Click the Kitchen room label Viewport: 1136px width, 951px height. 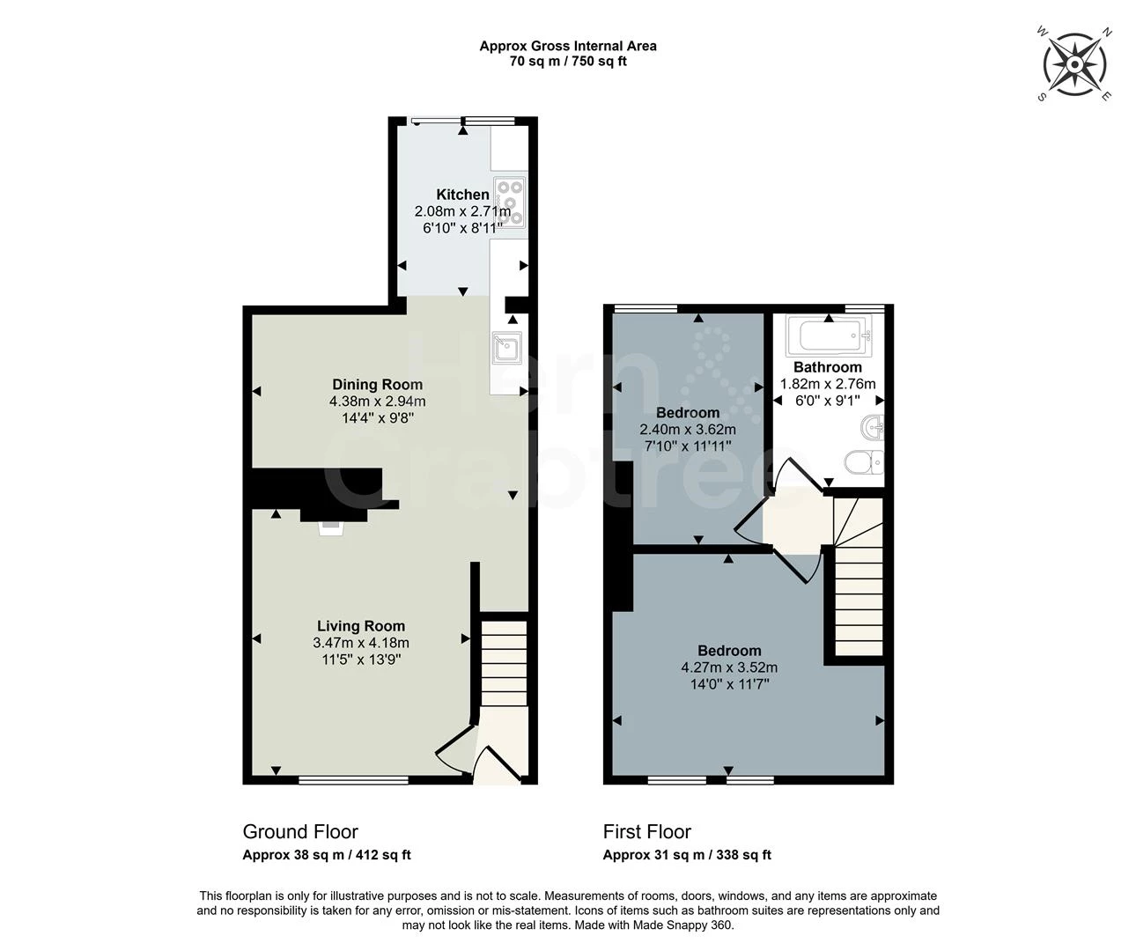point(462,195)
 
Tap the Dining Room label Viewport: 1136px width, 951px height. point(377,385)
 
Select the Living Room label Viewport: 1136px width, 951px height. point(361,626)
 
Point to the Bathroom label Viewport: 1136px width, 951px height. point(828,367)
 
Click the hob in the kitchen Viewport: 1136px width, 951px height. point(510,203)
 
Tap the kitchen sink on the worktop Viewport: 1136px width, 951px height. point(507,348)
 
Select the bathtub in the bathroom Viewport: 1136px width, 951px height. point(829,335)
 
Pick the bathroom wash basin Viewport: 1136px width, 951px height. point(873,428)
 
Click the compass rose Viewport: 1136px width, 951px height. point(1074,65)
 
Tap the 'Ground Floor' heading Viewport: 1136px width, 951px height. point(300,832)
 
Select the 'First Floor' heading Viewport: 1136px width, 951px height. point(647,832)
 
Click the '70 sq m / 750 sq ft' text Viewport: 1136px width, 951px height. point(568,61)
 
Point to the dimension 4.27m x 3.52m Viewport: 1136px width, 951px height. point(729,667)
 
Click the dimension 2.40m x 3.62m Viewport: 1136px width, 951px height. point(688,429)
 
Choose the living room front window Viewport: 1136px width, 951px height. point(354,780)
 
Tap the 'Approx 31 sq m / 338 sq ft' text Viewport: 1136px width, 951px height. point(687,855)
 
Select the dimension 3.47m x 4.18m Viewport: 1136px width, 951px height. point(361,643)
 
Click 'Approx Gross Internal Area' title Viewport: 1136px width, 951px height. point(568,47)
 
